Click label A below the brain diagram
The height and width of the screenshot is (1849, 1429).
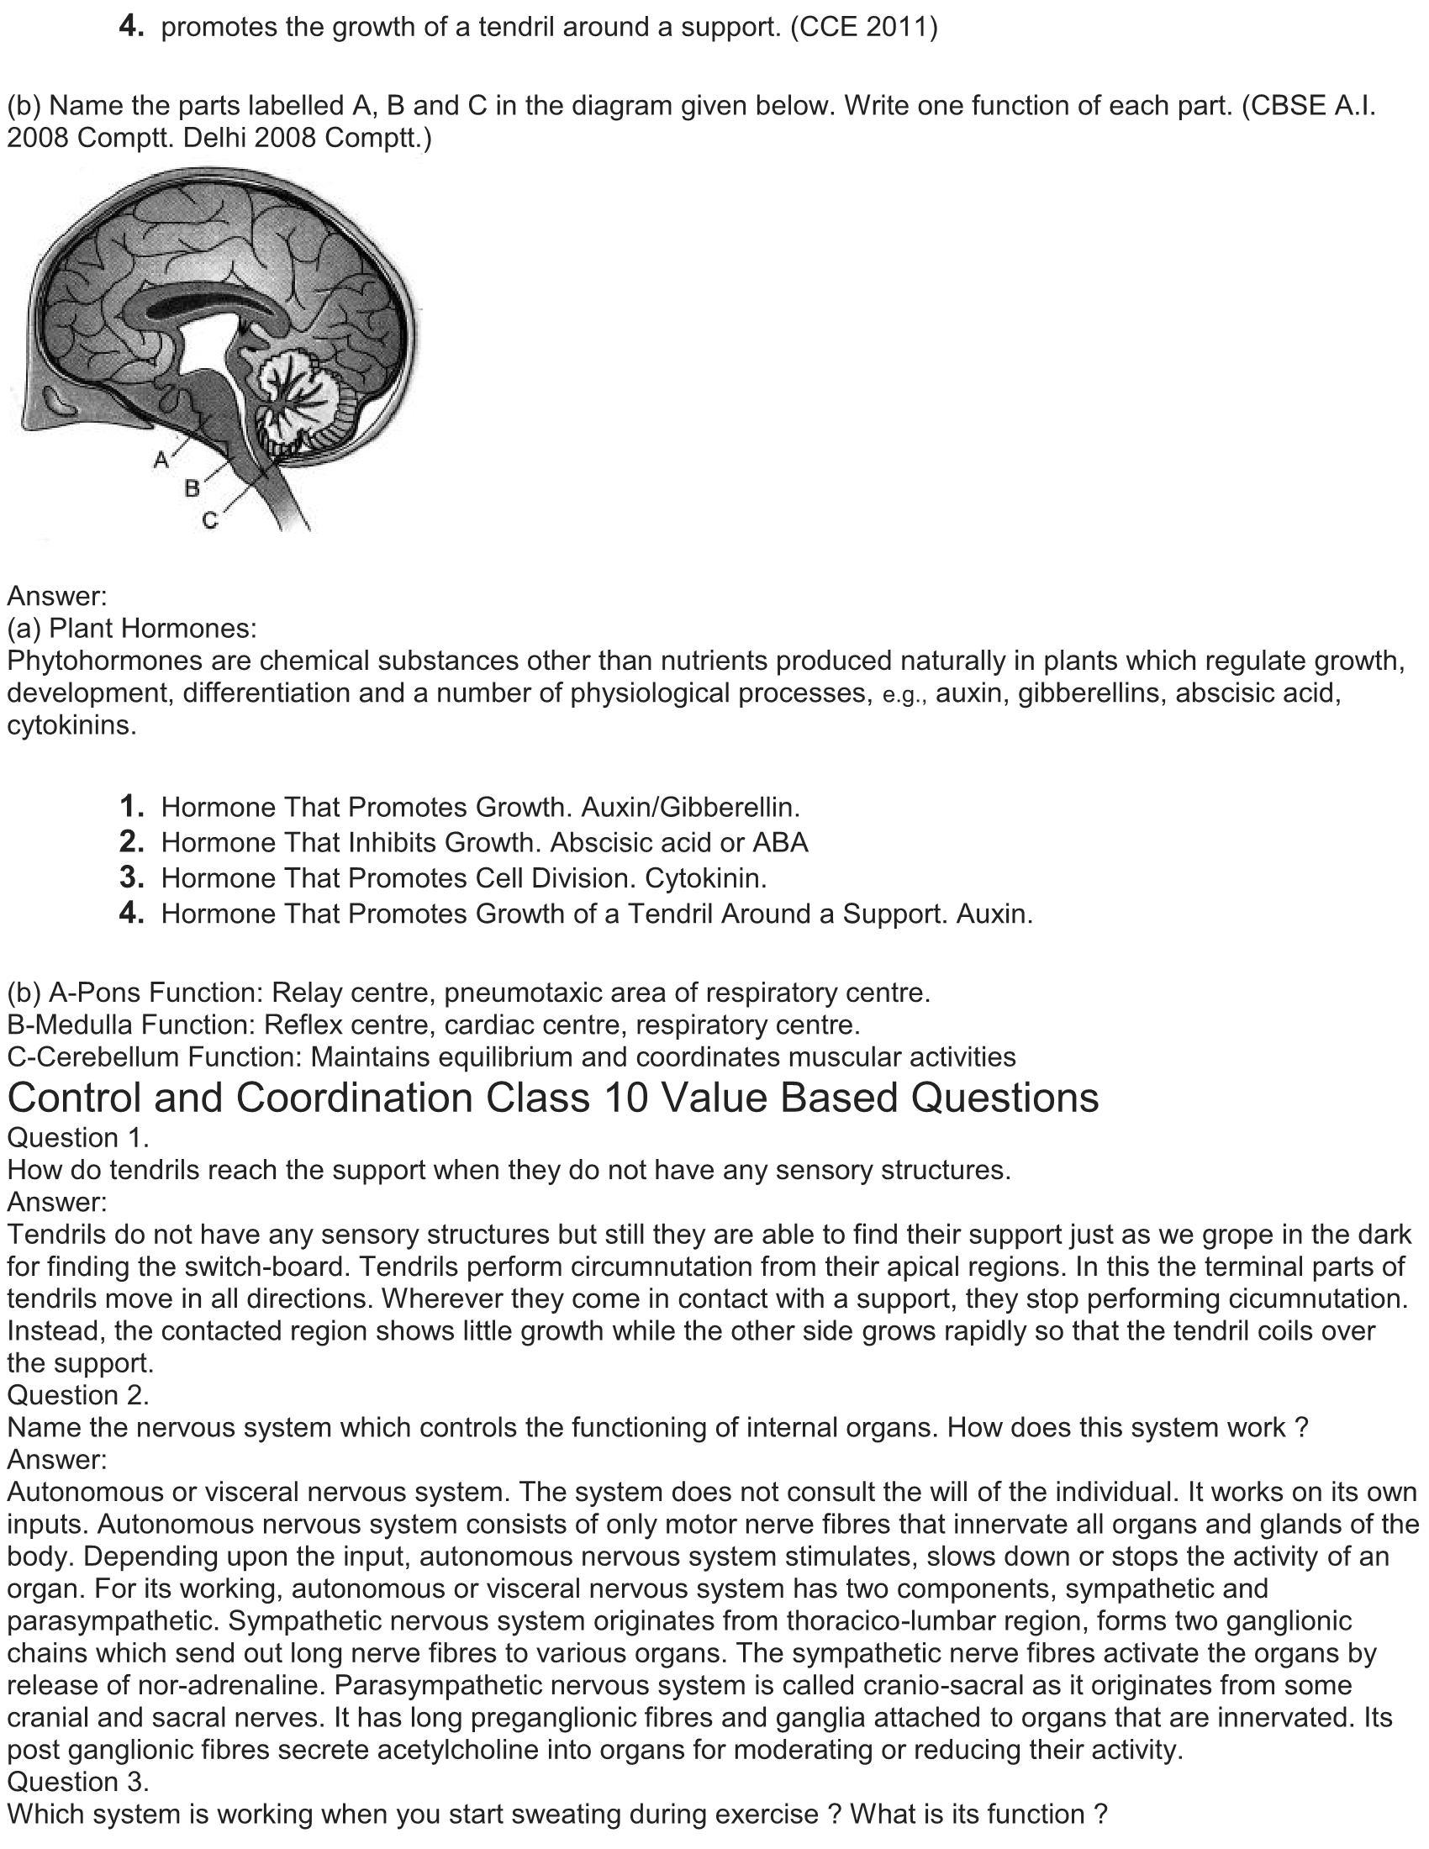[x=161, y=460]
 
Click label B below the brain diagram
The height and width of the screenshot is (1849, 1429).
[x=192, y=488]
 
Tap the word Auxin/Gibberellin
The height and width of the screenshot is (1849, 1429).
[x=691, y=807]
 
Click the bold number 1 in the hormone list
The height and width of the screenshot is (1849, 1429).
[x=130, y=806]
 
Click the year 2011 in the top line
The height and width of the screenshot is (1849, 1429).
[x=899, y=27]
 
